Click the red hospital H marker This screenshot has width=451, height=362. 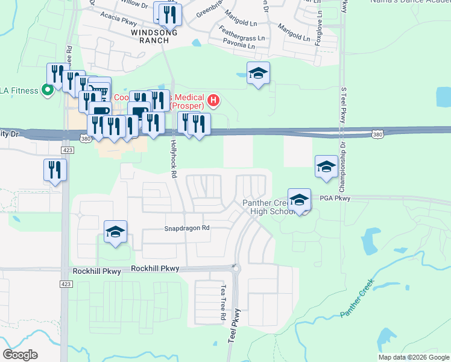tap(213, 100)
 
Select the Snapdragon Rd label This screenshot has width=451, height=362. tap(187, 229)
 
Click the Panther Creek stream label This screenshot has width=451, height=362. tap(357, 297)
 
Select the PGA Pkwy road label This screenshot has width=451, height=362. tap(334, 198)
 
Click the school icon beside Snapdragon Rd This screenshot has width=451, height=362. tap(115, 232)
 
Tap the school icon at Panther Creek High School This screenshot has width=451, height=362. tap(299, 200)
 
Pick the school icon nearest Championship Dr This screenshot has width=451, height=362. tap(326, 167)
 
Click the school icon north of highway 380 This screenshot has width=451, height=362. tap(258, 74)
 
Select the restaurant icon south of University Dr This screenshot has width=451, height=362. tap(55, 170)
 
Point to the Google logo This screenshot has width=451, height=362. tap(20, 354)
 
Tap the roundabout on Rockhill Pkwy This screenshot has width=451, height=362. tap(236, 268)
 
